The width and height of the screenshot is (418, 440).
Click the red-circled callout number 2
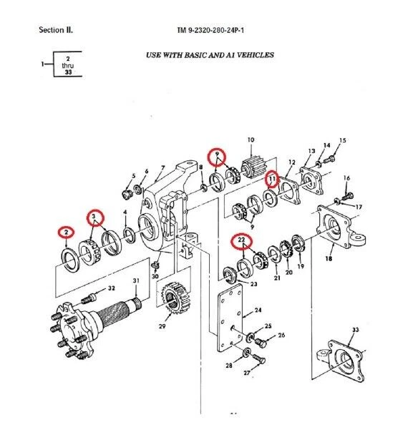(x=66, y=231)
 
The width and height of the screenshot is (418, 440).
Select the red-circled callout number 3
(x=92, y=215)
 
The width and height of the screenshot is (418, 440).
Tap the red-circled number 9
(x=216, y=155)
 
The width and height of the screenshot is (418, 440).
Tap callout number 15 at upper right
(x=342, y=140)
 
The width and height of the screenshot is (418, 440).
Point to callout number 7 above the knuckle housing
(x=162, y=168)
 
